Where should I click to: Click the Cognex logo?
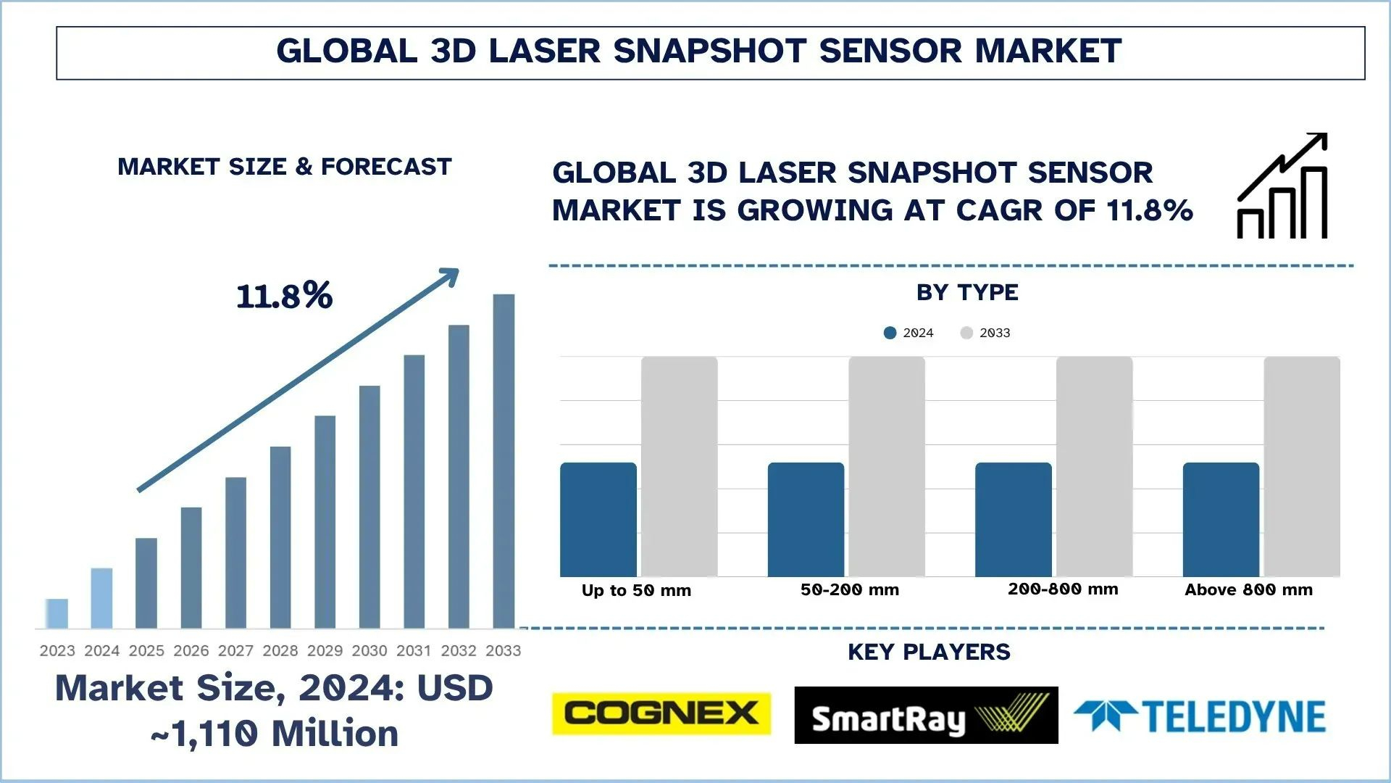661,714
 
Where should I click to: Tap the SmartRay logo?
925,716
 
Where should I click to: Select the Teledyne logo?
1200,716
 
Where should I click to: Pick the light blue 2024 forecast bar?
101,598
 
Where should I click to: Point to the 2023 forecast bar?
57,613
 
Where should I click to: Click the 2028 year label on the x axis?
280,651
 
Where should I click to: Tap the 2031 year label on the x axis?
414,651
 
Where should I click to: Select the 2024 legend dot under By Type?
890,333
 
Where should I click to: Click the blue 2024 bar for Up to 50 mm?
598,519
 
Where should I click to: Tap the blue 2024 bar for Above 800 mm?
1221,519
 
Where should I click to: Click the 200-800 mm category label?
1063,589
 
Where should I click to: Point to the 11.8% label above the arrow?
284,296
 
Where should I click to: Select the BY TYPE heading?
967,292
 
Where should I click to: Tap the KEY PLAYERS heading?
929,652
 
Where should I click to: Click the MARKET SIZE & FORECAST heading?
284,167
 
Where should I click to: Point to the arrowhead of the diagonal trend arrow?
451,275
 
